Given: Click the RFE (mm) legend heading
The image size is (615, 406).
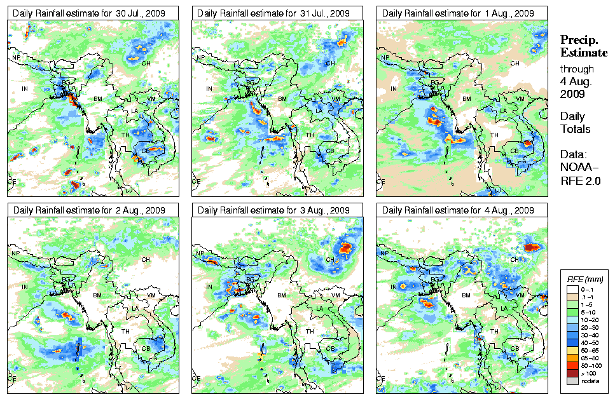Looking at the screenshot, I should (584, 279).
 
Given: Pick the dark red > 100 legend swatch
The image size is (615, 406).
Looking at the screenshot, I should (572, 373).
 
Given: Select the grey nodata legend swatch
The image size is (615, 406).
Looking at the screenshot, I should (572, 381).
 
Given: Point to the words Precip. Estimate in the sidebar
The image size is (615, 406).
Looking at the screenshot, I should (583, 46).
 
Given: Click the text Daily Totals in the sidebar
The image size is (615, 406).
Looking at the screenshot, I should (575, 123).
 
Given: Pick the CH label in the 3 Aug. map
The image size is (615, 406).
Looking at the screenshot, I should (329, 260).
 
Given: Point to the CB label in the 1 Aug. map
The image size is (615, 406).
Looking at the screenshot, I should (515, 151).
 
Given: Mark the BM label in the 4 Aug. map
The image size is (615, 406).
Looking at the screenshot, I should (467, 295).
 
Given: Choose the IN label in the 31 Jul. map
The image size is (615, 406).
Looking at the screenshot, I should (209, 89).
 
